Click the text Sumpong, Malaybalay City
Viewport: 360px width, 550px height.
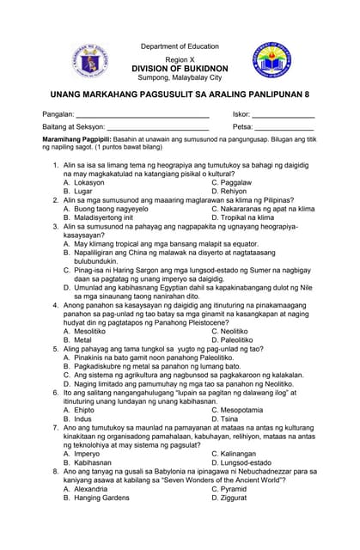tap(180, 76)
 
